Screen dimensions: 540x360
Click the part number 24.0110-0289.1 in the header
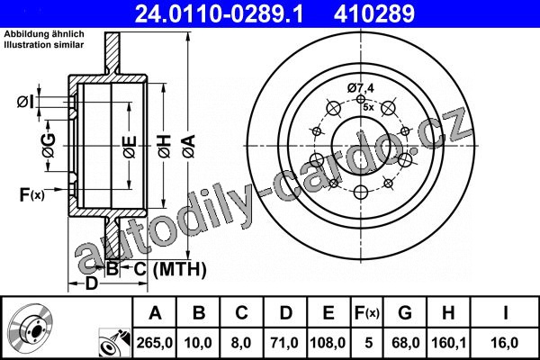click(x=219, y=13)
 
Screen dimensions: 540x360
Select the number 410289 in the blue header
click(x=374, y=13)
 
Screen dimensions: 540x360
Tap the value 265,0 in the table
click(x=155, y=343)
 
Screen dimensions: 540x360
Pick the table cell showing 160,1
click(x=449, y=343)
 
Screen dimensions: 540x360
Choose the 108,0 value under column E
click(x=328, y=343)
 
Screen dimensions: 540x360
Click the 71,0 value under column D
click(x=284, y=343)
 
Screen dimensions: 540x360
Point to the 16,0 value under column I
click(x=505, y=343)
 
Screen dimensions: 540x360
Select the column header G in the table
click(x=405, y=313)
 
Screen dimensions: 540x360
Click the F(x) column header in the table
click(x=367, y=313)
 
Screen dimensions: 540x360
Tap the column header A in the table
click(x=156, y=313)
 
